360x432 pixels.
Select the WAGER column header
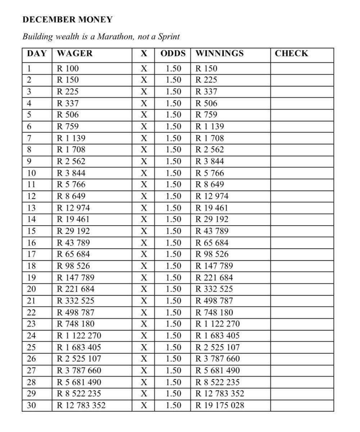pos(75,54)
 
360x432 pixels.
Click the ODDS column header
pos(173,54)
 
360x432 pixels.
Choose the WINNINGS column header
pos(219,54)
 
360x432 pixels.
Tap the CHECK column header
pos(292,54)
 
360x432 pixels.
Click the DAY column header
pos(37,54)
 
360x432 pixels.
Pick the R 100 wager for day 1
pos(68,68)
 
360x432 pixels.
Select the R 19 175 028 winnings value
pos(219,405)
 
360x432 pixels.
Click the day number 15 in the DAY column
pos(32,231)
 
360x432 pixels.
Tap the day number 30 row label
pos(32,405)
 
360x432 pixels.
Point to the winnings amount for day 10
pos(210,173)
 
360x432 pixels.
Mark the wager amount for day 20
pos(76,289)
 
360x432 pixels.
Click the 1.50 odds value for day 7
pos(173,138)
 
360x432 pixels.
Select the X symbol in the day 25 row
pos(144,347)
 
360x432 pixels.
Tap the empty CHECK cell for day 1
pos(302,68)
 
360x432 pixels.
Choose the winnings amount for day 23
pos(217,324)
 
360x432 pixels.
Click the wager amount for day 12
pos(71,196)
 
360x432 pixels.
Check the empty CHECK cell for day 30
pos(302,405)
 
